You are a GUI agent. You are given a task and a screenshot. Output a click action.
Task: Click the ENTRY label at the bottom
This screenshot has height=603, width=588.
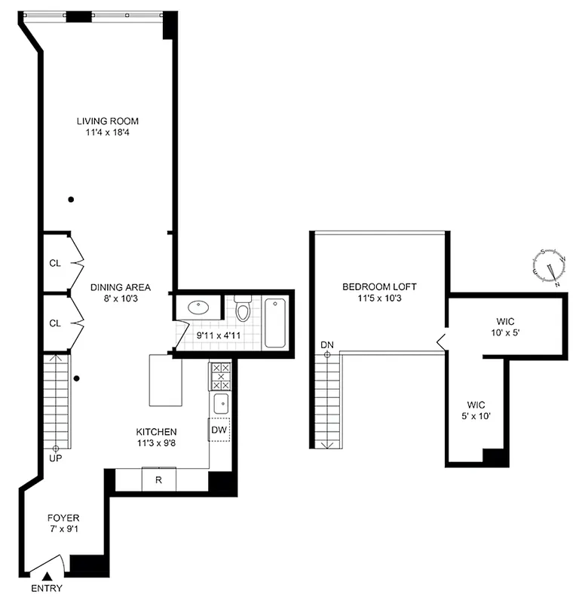47,589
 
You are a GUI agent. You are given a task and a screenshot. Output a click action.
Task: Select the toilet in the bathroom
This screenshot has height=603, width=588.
243,310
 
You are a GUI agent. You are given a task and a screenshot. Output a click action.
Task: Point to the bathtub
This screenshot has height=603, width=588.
275,323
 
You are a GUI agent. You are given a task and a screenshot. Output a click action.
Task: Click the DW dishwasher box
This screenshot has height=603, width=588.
219,430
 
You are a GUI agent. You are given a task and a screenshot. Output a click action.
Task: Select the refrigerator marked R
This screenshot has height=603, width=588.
158,479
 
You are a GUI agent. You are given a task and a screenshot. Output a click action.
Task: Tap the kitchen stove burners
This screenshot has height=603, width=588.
219,375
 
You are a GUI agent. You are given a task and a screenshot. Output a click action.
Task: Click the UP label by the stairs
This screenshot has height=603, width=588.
56,458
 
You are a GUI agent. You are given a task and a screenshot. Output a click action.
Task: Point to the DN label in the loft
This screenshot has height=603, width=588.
326,345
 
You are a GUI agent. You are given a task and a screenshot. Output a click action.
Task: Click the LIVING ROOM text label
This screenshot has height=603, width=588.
108,121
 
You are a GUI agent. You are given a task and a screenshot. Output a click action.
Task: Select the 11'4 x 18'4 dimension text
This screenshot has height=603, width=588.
108,133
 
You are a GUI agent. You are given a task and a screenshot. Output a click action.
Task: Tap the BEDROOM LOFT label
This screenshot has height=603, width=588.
379,286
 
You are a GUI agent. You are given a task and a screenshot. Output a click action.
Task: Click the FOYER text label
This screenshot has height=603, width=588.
63,518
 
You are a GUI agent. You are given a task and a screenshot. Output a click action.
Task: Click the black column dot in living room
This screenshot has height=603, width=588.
71,200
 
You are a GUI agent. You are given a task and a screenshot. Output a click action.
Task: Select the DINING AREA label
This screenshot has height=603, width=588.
121,287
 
